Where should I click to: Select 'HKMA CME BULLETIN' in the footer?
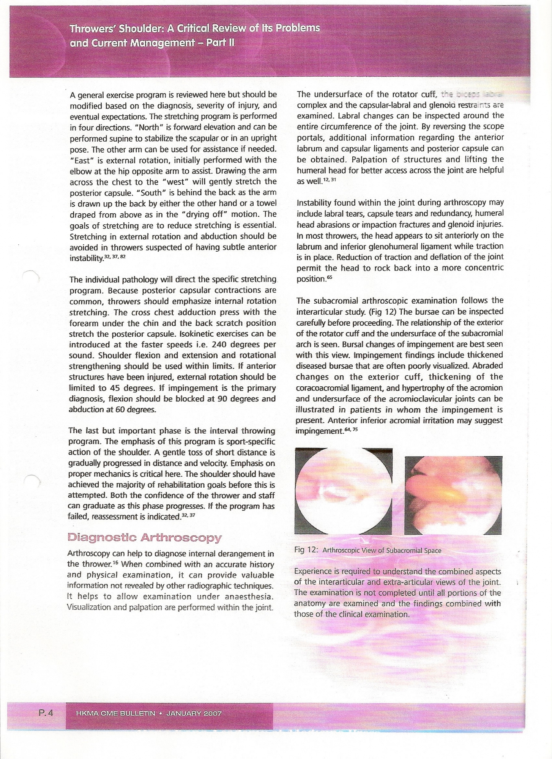[116, 713]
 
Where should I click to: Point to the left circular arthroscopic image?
[344, 490]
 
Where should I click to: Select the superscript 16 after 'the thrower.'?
[117, 562]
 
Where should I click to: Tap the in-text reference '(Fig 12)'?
[380, 312]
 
